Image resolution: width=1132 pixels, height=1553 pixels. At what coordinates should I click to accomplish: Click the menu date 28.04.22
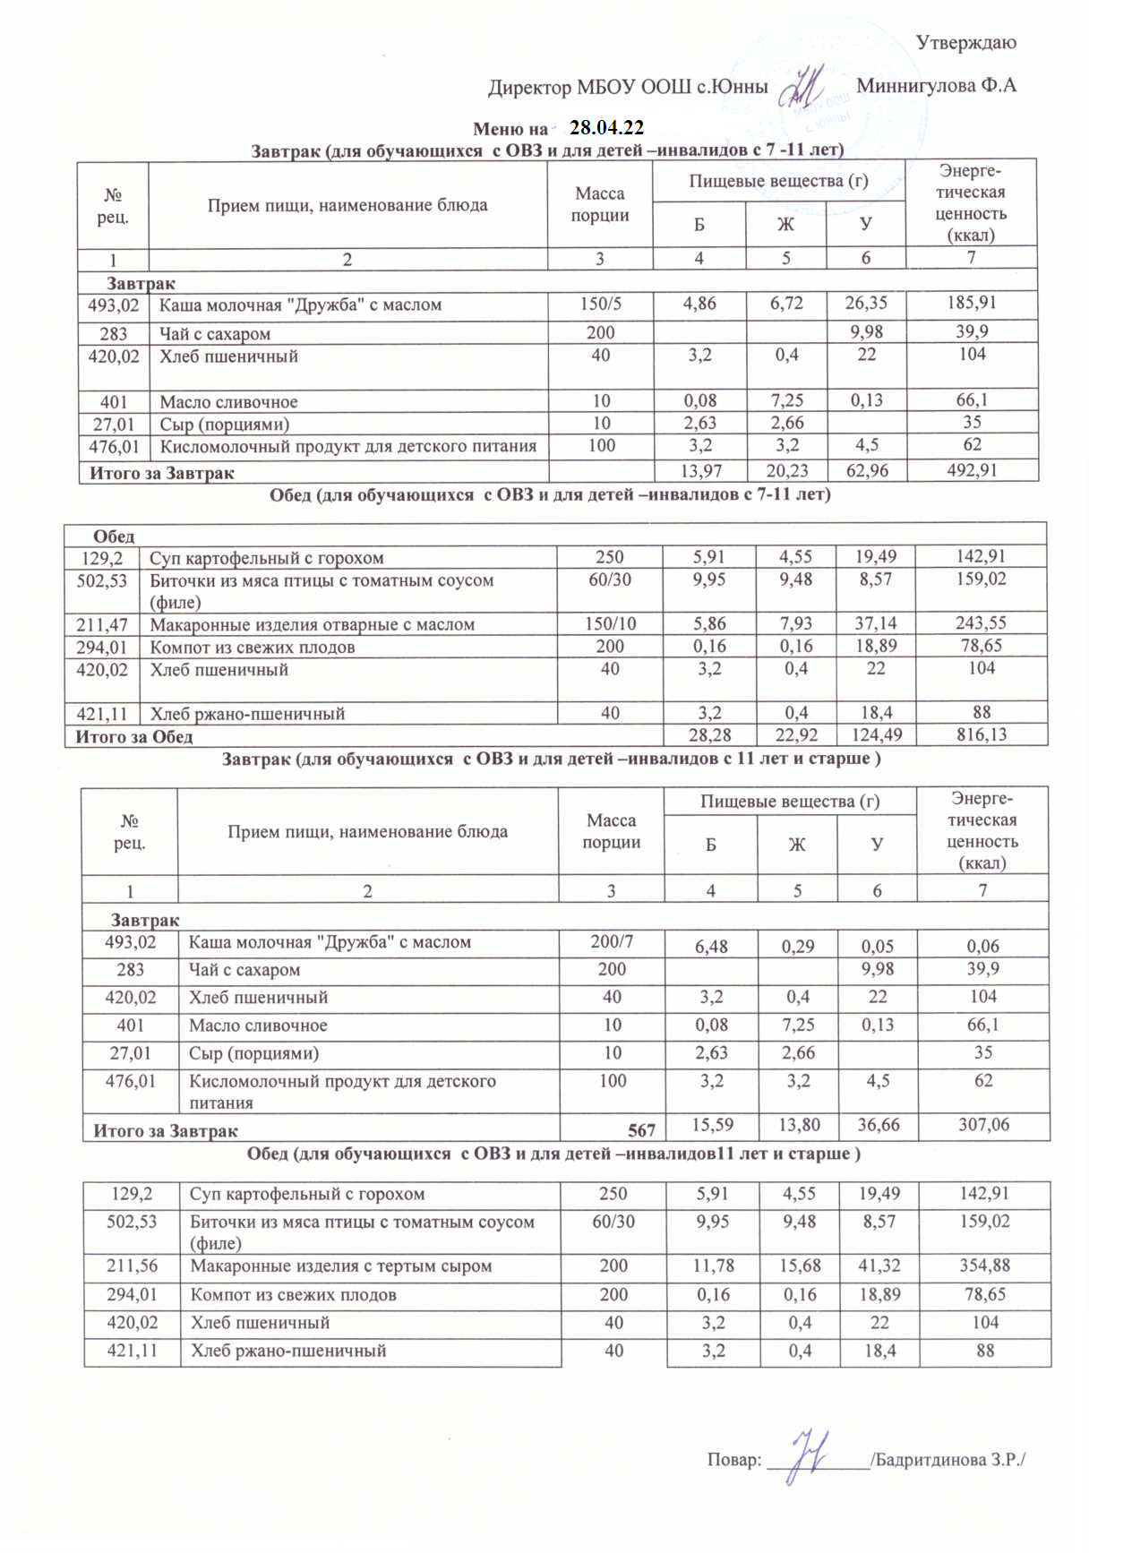pos(606,128)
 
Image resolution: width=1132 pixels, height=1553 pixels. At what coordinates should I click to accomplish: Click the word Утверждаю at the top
pos(965,42)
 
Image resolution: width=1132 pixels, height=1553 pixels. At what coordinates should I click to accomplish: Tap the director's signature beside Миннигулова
pos(803,87)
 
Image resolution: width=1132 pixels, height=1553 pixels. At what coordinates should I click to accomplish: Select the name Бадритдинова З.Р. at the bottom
pos(948,1459)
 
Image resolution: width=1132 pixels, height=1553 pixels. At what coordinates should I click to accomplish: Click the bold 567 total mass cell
pos(641,1130)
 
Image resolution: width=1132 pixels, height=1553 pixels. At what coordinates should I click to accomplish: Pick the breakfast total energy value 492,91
pos(972,470)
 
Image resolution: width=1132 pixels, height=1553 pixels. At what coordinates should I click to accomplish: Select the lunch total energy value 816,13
pos(982,735)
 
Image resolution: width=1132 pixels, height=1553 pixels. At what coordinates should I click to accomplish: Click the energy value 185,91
pos(972,303)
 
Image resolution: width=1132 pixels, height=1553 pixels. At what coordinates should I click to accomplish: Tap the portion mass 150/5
pos(600,304)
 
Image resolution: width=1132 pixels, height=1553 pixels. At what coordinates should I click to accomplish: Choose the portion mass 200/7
pos(612,941)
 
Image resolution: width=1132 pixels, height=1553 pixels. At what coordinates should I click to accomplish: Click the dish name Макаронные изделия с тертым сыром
pos(341,1266)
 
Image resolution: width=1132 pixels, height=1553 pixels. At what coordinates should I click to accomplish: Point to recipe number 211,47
pos(102,624)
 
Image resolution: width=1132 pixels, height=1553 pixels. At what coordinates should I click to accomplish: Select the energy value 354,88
pos(985,1266)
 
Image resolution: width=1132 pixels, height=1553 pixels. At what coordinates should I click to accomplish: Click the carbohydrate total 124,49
pos(876,735)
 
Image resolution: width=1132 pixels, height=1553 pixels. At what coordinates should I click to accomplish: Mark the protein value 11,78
pos(713,1266)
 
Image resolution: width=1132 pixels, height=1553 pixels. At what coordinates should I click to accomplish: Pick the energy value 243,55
pos(982,623)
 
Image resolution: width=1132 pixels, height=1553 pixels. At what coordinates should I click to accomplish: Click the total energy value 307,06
pos(983,1125)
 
